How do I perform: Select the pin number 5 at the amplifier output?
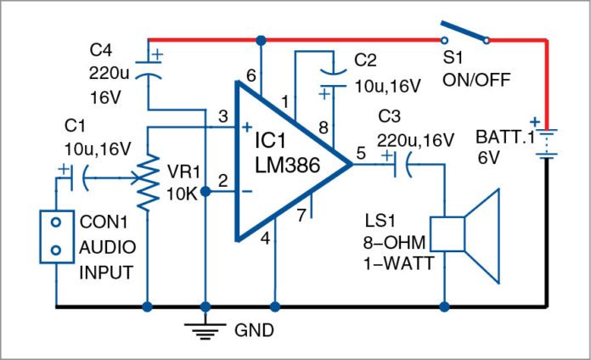pyautogui.click(x=360, y=154)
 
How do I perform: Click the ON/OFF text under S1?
pyautogui.click(x=475, y=82)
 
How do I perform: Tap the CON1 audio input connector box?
pyautogui.click(x=56, y=239)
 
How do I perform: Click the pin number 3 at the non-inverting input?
pyautogui.click(x=222, y=116)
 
